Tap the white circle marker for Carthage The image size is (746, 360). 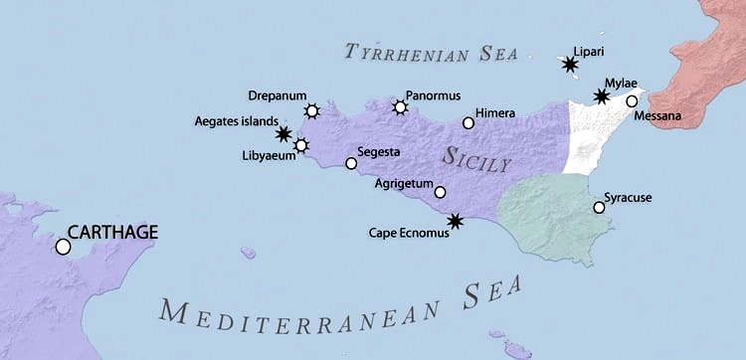coord(64,246)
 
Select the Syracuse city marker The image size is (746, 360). coord(598,208)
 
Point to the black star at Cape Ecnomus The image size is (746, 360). coord(455,221)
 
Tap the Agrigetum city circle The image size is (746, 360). coord(440,192)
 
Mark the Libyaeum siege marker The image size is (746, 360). coord(301,146)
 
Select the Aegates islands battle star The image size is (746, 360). coord(283,133)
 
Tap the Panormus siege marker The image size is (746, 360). coord(400,106)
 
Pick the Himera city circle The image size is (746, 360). coord(468,123)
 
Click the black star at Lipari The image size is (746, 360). coord(569,66)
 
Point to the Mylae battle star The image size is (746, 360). coord(601,96)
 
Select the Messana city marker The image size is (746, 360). coord(632,101)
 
